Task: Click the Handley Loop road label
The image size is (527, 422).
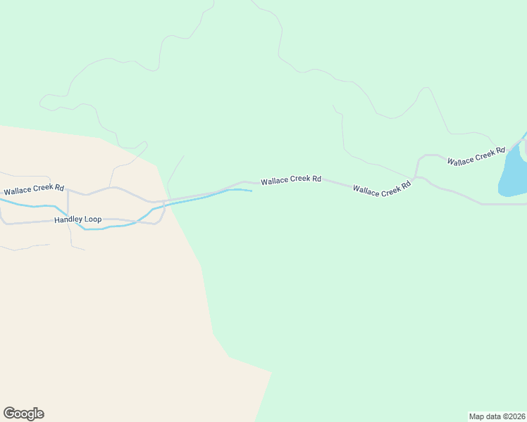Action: [77, 219]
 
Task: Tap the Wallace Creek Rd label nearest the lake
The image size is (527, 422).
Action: [476, 156]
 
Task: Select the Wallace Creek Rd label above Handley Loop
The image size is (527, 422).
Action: [34, 190]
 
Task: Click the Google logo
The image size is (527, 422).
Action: [23, 414]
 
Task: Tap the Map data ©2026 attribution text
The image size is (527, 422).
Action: [497, 416]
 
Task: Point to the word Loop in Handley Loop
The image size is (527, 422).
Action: [93, 219]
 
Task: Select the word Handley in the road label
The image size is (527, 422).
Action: [68, 219]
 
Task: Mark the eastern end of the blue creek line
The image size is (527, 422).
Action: [250, 191]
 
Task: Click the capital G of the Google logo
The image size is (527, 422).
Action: [9, 414]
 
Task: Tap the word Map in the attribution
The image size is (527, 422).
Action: [476, 416]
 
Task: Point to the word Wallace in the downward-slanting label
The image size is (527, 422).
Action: [365, 190]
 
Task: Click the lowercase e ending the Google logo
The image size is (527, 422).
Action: [40, 414]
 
